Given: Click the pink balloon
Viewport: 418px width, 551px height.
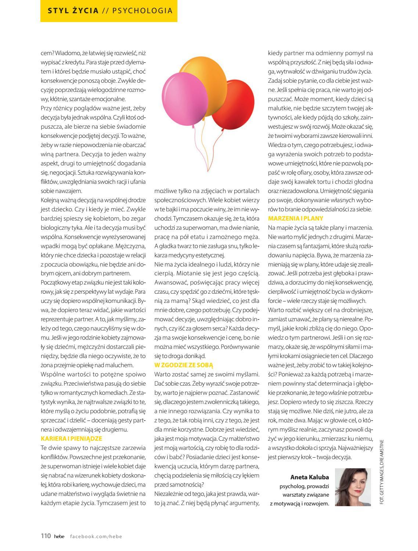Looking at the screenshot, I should [184, 96].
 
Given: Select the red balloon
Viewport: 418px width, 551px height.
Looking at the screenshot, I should [234, 104].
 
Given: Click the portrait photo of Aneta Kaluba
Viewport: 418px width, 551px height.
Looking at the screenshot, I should [353, 487].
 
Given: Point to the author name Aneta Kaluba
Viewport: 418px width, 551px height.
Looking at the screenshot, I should [310, 477].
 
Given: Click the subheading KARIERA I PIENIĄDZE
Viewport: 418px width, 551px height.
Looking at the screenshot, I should [71, 439].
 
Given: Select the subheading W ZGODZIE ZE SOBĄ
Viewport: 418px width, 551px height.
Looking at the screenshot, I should [184, 365].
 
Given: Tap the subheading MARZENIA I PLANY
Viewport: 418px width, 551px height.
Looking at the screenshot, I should [296, 218].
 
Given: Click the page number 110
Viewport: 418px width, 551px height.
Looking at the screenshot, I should [46, 536].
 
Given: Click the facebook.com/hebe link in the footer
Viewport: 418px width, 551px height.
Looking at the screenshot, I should [96, 536].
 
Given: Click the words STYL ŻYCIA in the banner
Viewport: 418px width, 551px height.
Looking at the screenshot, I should [73, 11].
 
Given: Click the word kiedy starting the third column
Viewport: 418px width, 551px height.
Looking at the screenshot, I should [275, 53].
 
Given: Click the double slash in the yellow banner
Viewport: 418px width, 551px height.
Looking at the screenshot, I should [105, 11].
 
